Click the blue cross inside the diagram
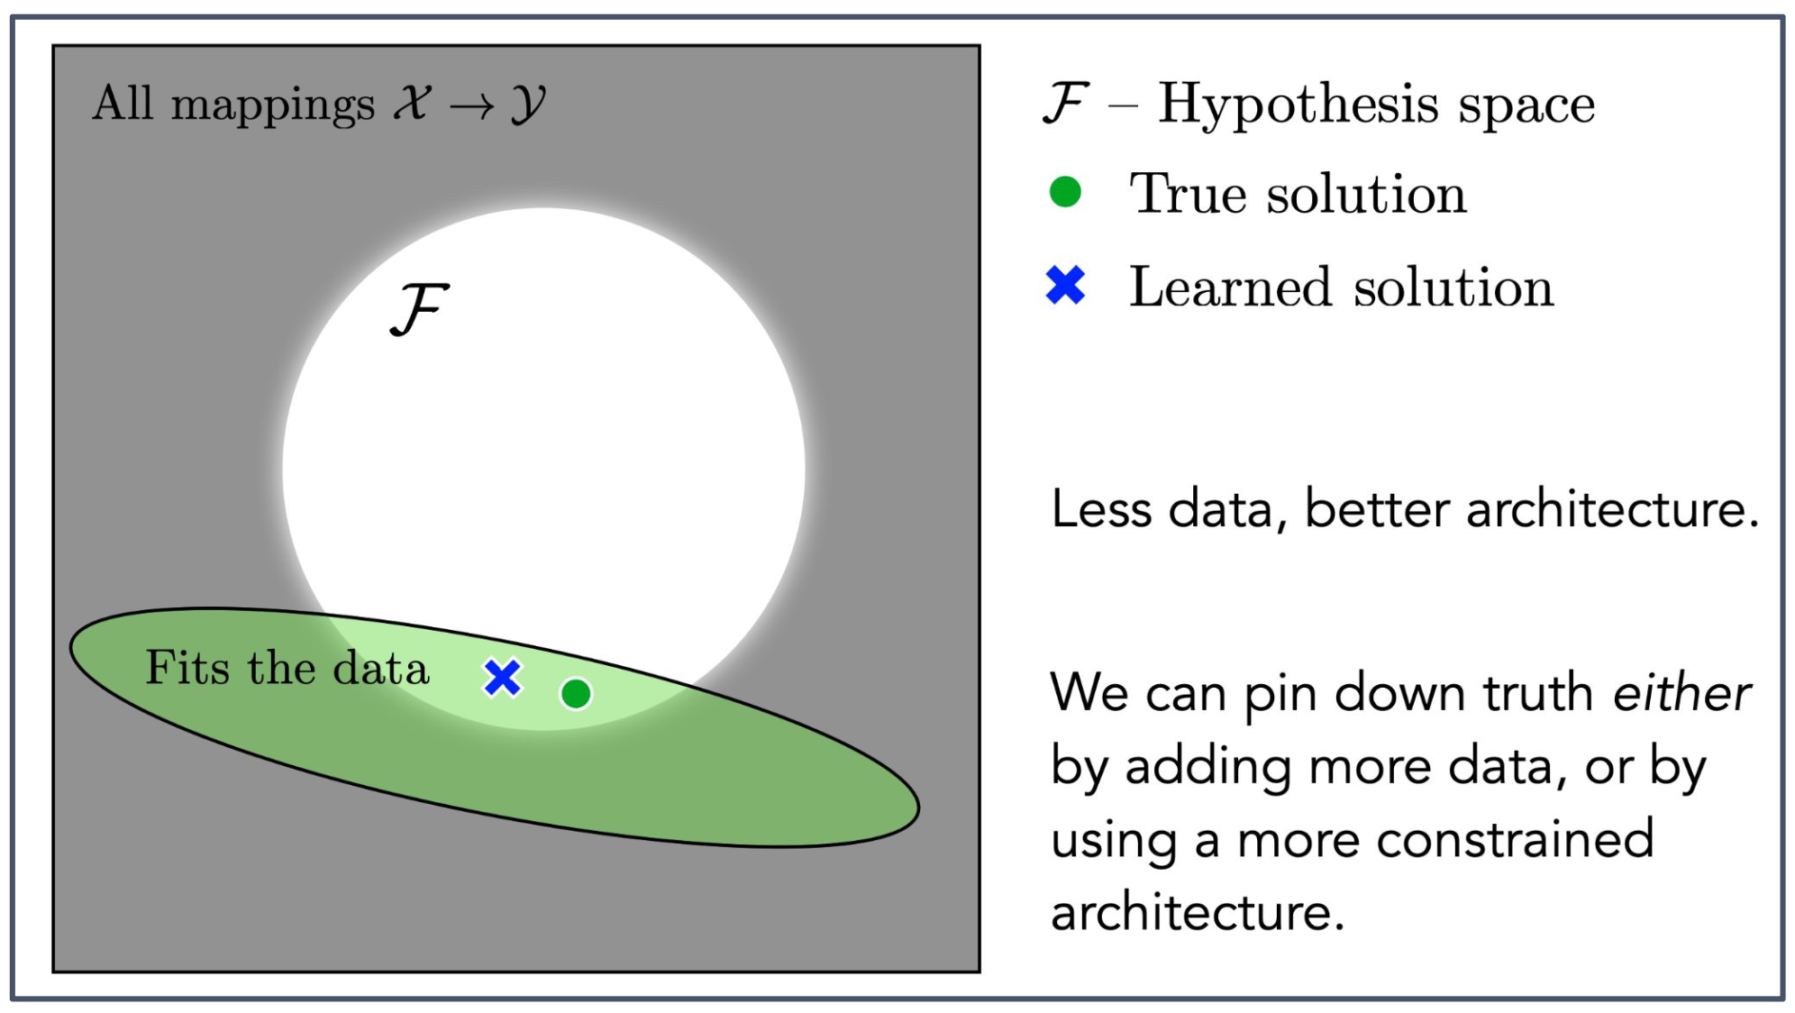[502, 678]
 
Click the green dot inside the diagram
[576, 694]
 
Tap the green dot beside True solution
[1065, 192]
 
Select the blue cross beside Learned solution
[1065, 286]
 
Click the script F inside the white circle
[419, 309]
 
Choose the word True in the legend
[1188, 193]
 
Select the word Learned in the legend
[1229, 287]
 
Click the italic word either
[1681, 694]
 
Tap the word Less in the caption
[1101, 509]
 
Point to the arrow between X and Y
[472, 106]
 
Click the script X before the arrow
[413, 103]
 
